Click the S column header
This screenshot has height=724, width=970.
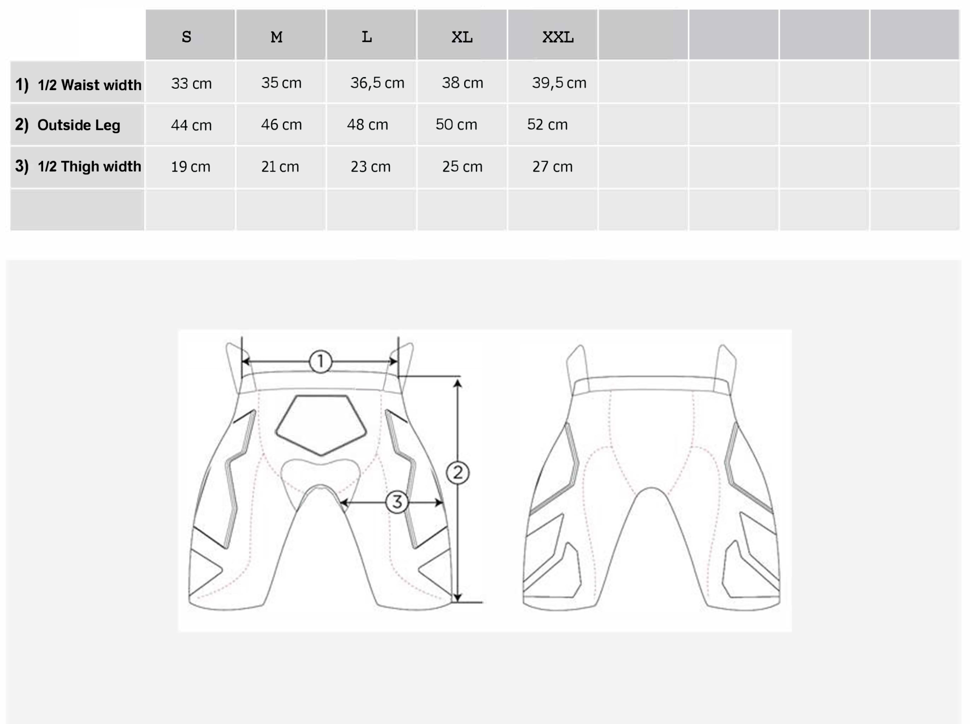pos(187,37)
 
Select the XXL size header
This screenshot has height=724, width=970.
pos(558,37)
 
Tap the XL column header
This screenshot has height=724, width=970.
pos(462,37)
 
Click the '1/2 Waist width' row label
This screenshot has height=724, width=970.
pos(89,85)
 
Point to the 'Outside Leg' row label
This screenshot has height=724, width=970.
pos(79,125)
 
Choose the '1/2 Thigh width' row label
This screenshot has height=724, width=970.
pos(89,166)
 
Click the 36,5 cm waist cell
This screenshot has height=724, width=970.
pos(377,83)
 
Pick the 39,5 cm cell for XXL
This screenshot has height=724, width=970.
pos(559,83)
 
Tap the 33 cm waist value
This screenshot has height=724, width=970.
pos(191,83)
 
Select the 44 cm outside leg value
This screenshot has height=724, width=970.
pos(191,125)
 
